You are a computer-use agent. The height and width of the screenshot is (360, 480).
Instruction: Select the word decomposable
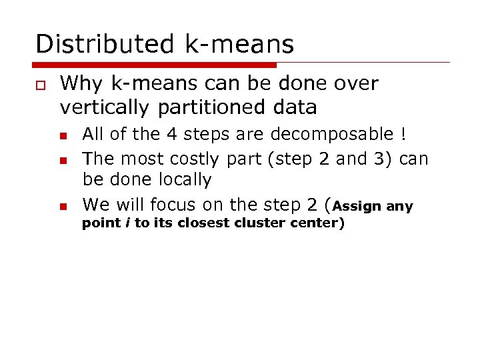click(x=332, y=135)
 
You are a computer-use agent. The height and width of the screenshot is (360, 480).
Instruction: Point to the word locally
click(x=185, y=180)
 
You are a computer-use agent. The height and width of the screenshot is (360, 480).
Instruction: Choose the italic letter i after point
click(x=127, y=223)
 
